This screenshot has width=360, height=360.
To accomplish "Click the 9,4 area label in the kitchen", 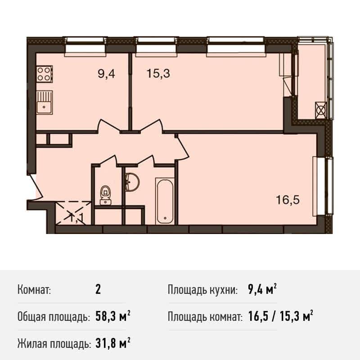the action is (x=106, y=74).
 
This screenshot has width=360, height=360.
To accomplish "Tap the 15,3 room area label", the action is (x=158, y=74).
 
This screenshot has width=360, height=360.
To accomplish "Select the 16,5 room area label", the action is (x=288, y=200).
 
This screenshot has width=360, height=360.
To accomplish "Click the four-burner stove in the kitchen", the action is (x=44, y=74).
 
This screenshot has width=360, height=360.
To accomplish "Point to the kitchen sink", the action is (x=44, y=102).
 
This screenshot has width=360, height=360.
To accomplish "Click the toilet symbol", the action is (x=106, y=195).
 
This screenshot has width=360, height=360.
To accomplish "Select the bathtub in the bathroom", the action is (x=164, y=201).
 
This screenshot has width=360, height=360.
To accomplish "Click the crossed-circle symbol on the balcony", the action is (x=321, y=110).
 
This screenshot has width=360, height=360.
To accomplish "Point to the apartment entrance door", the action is (x=35, y=187).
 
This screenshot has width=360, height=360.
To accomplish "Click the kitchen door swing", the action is (x=109, y=126).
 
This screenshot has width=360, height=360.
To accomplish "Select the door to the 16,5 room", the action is (x=183, y=148).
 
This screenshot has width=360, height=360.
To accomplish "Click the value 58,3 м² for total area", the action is (x=113, y=317).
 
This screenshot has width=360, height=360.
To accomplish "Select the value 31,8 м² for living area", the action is (x=113, y=344).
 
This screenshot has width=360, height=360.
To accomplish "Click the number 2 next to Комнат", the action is (x=98, y=290).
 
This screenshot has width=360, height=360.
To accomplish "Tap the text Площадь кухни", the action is (x=202, y=290).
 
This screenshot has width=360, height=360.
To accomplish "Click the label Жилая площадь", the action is (x=53, y=344).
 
